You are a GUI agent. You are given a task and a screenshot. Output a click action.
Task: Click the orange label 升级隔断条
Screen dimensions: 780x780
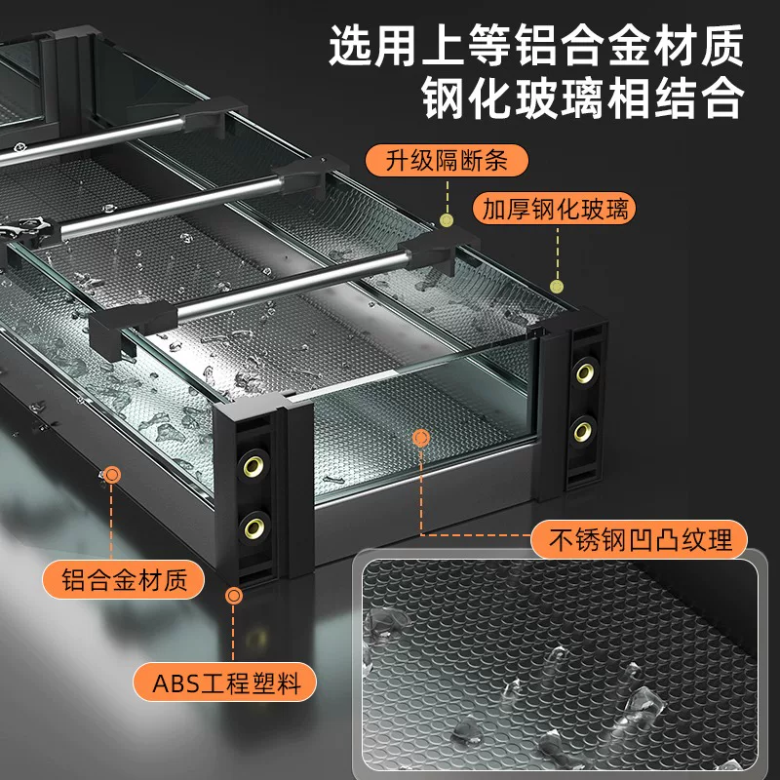[x=447, y=161]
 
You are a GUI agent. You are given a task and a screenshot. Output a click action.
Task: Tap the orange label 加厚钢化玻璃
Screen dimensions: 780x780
[x=554, y=209]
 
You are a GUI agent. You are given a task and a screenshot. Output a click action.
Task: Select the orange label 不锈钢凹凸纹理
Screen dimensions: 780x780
[x=640, y=539]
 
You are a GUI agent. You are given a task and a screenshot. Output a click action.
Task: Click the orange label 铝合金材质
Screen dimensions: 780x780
[x=124, y=579]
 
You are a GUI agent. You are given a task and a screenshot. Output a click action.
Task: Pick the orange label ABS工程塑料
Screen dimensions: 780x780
[x=225, y=682]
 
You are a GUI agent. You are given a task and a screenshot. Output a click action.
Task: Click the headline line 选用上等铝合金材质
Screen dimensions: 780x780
[x=536, y=46]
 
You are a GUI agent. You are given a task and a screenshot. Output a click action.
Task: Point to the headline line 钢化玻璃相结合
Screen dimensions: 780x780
[x=582, y=97]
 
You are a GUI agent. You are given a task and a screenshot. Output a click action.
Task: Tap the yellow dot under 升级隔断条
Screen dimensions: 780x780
[x=447, y=220]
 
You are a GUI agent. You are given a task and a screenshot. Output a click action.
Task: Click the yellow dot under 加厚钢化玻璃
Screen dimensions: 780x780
[x=557, y=286]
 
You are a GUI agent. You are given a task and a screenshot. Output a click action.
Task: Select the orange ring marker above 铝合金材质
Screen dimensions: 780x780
[x=112, y=475]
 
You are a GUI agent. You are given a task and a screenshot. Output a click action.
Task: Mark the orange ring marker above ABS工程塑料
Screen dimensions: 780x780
[x=233, y=596]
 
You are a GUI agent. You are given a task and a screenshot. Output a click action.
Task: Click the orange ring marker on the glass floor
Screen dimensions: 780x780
[x=421, y=438]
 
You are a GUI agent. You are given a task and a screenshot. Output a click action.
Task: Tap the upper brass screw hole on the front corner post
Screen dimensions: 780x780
[x=253, y=466]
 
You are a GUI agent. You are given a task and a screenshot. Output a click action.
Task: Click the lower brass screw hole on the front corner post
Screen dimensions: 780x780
[x=254, y=527]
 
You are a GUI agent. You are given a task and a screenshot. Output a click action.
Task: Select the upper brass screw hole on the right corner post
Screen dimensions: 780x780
[x=585, y=373]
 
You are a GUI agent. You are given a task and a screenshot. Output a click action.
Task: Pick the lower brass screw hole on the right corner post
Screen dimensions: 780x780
[x=583, y=431]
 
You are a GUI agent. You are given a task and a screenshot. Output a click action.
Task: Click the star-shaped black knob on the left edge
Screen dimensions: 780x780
[x=22, y=230]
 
